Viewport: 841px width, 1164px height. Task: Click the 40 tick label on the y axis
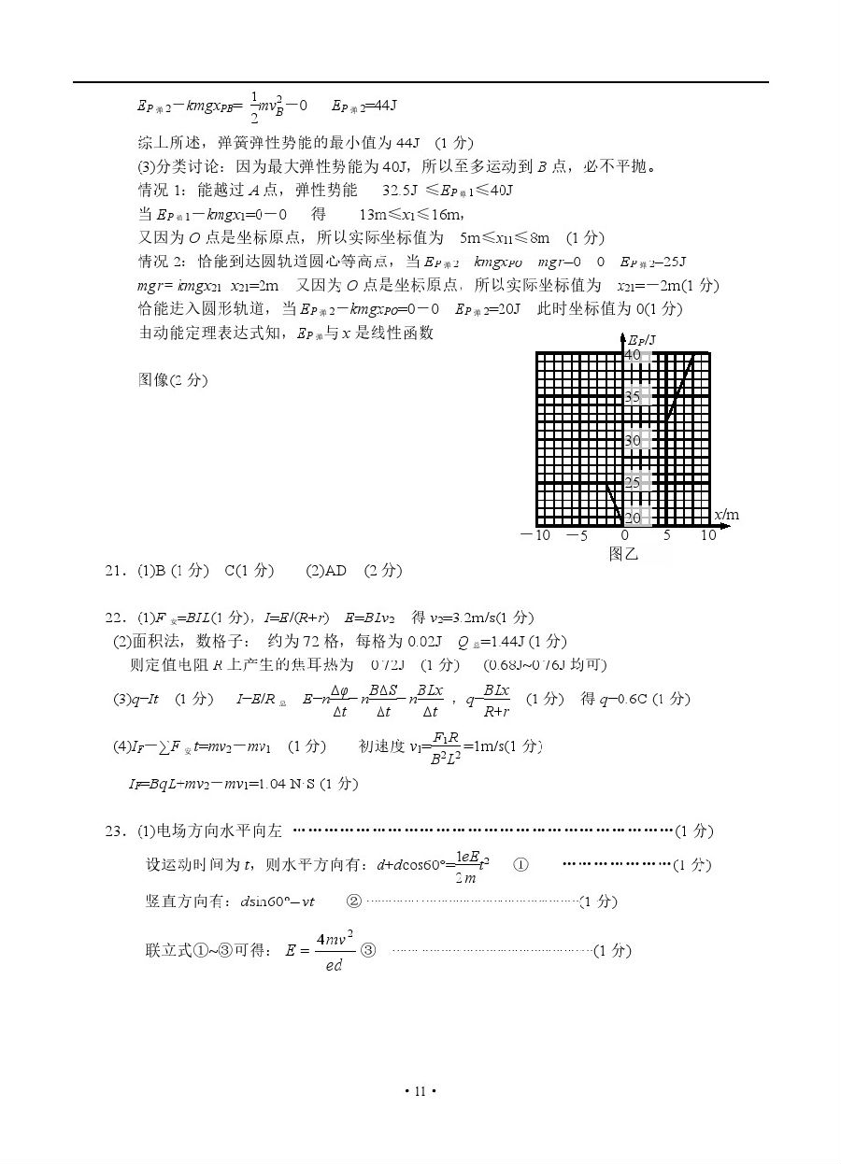[x=633, y=355]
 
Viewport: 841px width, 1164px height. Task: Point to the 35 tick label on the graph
[x=633, y=397]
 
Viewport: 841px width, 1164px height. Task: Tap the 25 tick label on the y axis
[x=633, y=482]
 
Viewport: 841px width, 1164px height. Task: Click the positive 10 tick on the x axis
[x=708, y=535]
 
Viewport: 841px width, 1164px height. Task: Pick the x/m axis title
[x=726, y=515]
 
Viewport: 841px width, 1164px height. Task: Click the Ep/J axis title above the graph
[x=641, y=339]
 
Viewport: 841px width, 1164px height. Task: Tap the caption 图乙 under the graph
[x=622, y=554]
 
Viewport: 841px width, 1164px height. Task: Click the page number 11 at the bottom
[x=420, y=1090]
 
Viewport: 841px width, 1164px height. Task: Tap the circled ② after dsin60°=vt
[x=353, y=901]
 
